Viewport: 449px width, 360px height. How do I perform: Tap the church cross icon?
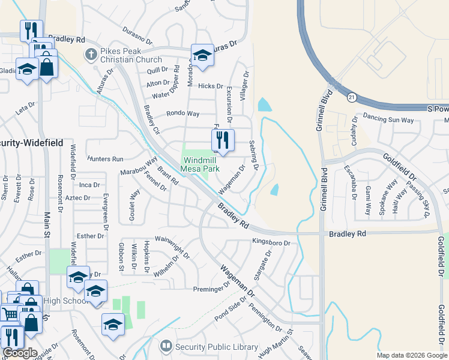pos(91,55)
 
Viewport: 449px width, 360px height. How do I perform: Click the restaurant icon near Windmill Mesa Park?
pos(223,142)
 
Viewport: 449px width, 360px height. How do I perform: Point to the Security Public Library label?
pos(216,347)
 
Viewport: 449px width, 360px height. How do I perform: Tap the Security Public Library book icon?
pos(166,346)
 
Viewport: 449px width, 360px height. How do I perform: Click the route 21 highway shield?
pos(351,97)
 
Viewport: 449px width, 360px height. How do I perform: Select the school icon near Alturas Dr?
pos(203,56)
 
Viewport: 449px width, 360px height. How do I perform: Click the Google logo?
pos(20,353)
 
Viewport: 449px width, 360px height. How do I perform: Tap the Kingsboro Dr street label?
pos(271,243)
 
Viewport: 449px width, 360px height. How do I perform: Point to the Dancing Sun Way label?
pos(388,120)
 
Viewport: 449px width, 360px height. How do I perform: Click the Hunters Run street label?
pos(105,159)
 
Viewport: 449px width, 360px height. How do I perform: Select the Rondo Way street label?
pos(183,113)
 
